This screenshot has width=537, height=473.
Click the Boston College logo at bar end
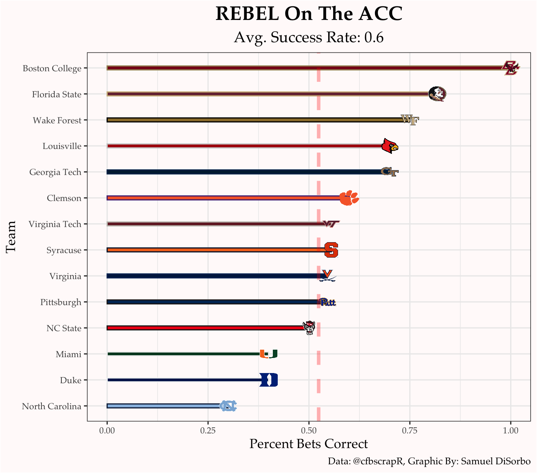[511, 68]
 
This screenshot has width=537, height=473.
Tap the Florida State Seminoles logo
[438, 94]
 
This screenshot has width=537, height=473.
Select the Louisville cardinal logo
[390, 146]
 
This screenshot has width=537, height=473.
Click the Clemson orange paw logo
[349, 198]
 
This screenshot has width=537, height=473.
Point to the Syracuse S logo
[331, 250]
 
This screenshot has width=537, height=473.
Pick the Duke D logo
[269, 380]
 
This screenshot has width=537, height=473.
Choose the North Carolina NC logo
[228, 406]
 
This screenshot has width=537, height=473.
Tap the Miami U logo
[269, 354]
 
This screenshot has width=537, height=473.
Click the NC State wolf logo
[309, 328]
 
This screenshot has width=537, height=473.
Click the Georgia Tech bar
[245, 172]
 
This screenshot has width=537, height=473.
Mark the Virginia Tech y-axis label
[55, 224]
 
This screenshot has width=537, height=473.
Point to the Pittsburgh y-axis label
[61, 302]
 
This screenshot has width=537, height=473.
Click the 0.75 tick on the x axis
[410, 430]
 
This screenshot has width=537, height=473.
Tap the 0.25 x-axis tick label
[208, 430]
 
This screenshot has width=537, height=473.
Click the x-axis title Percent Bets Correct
[309, 444]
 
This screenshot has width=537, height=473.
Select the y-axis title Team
[11, 237]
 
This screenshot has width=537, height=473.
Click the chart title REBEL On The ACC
[309, 14]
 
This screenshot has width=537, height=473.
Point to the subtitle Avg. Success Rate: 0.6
[309, 37]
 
